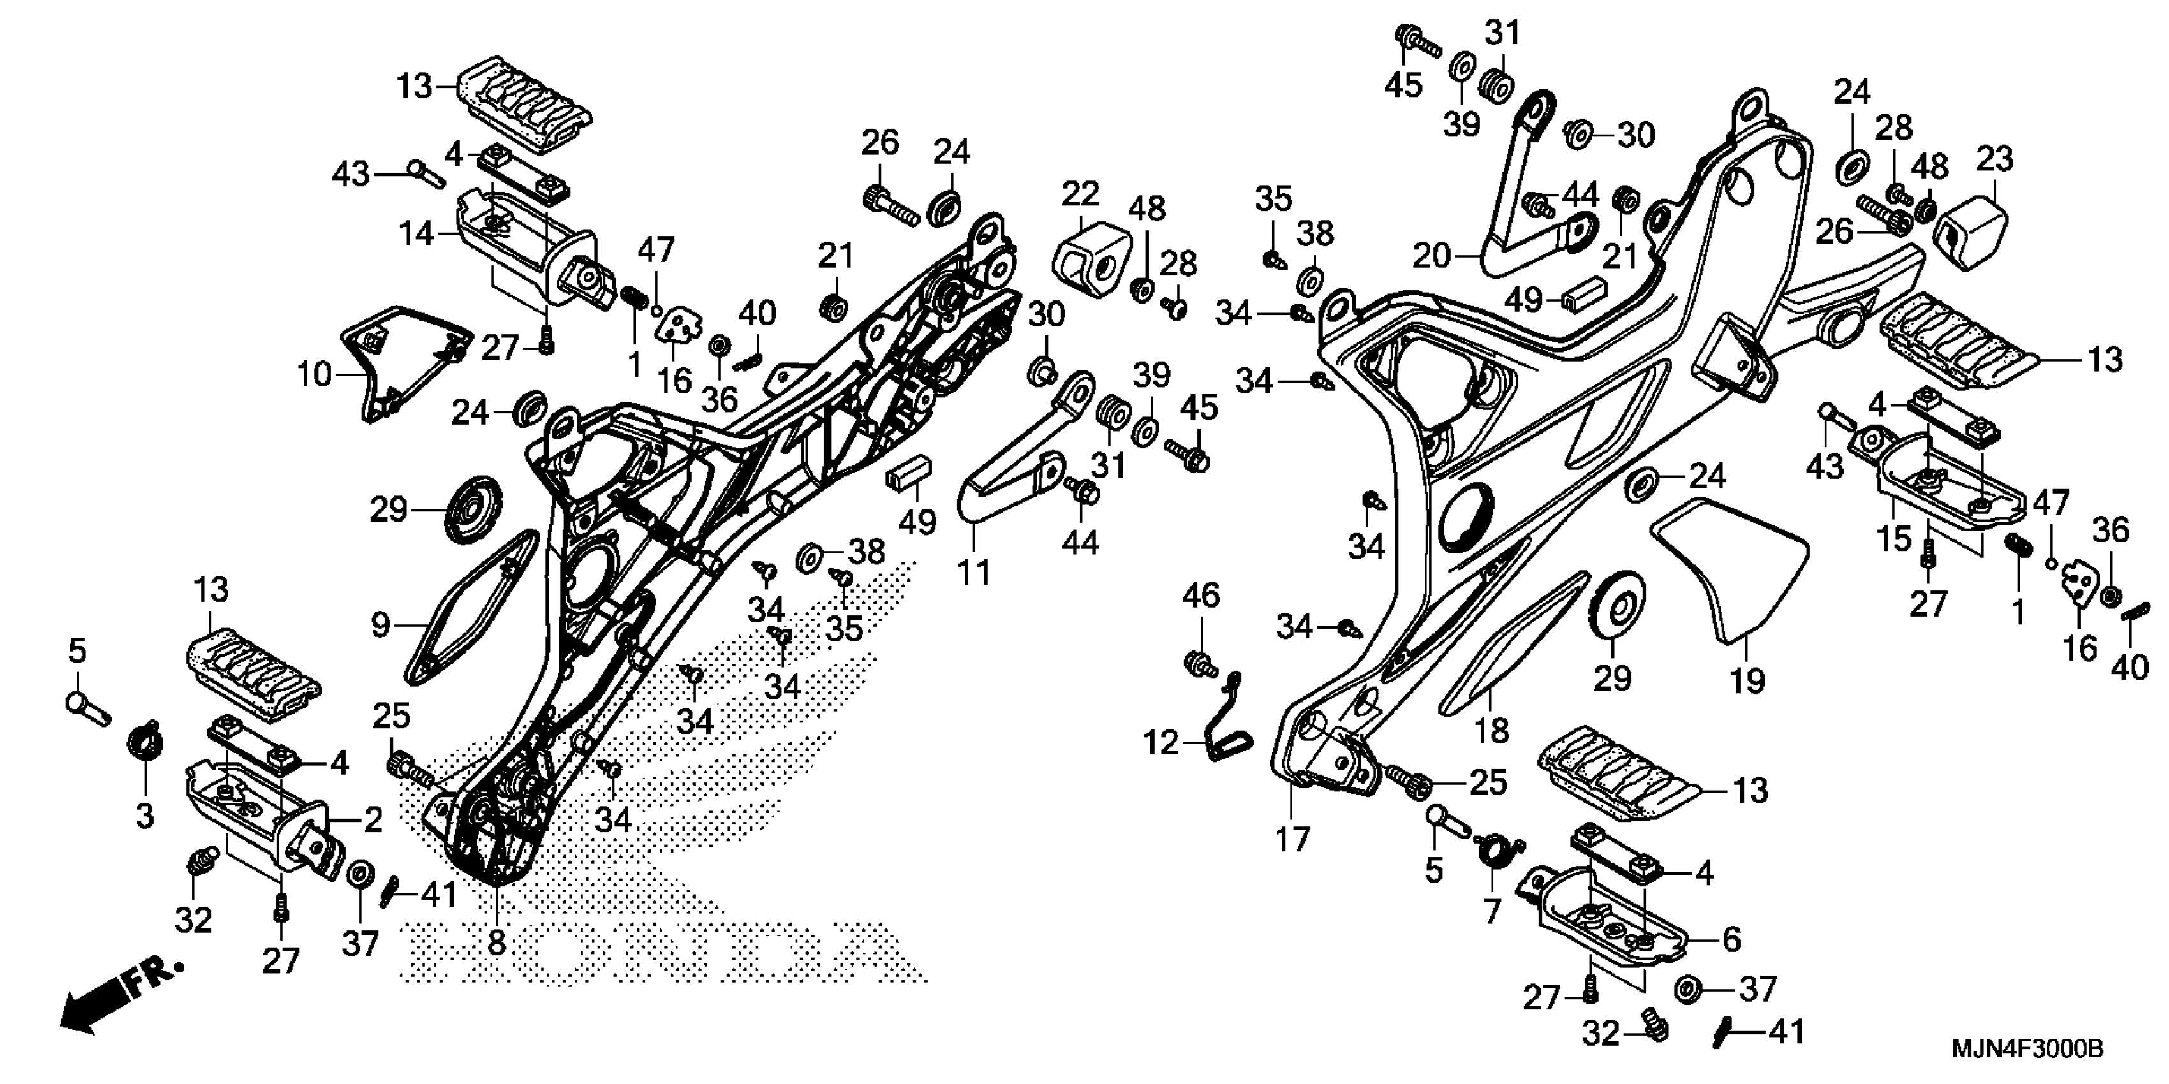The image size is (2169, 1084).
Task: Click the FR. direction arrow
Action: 118,1002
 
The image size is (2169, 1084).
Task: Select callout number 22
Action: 1079,194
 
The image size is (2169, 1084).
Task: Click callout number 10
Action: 314,374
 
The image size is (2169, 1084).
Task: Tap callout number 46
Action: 1201,596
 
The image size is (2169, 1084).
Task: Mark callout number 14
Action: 416,233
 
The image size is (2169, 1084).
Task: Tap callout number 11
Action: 974,573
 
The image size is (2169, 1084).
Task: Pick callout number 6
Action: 1731,939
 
